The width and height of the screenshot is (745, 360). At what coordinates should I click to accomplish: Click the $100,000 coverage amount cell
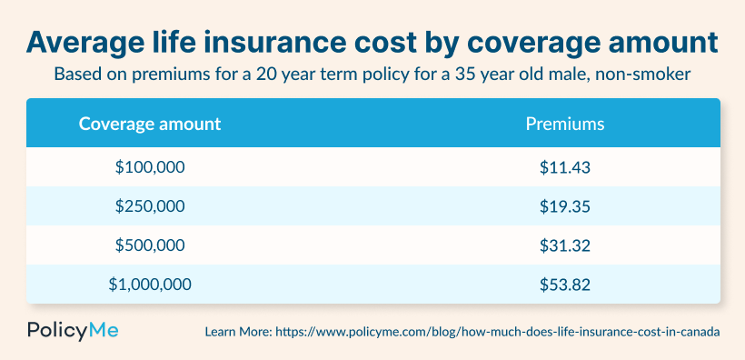150,167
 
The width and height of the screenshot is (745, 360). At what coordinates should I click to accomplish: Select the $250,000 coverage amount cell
150,206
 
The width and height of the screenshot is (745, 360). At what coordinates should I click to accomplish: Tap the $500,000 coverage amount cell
150,245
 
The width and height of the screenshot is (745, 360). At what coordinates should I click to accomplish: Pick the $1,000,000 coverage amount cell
150,285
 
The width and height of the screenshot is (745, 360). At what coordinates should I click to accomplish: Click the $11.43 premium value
565,167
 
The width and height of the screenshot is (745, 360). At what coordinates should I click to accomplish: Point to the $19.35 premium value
565,206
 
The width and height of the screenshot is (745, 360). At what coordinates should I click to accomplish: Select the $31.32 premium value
565,245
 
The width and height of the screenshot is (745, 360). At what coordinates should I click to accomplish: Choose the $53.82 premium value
565,285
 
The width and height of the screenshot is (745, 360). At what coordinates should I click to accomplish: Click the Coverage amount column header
150,123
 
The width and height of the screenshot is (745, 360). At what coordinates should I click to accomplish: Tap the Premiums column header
565,123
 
